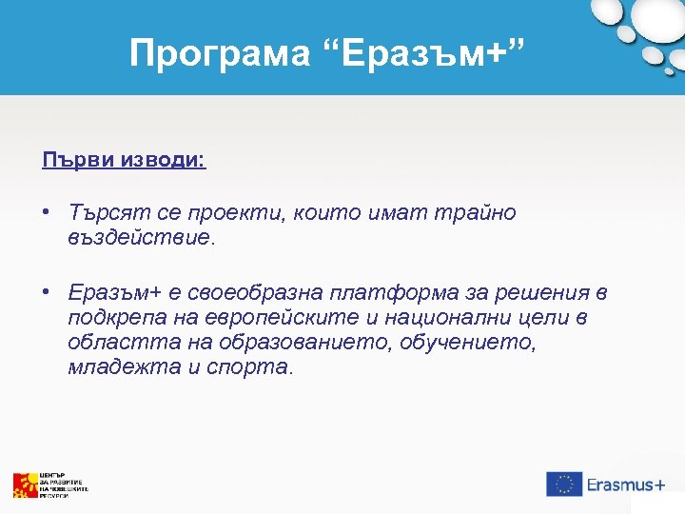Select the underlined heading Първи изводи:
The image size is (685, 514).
(x=124, y=158)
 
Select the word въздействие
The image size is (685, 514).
(x=142, y=238)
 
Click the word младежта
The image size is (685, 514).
(x=114, y=367)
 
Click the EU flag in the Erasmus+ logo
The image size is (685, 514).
(x=564, y=484)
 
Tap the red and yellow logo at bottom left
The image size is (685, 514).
(x=25, y=485)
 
